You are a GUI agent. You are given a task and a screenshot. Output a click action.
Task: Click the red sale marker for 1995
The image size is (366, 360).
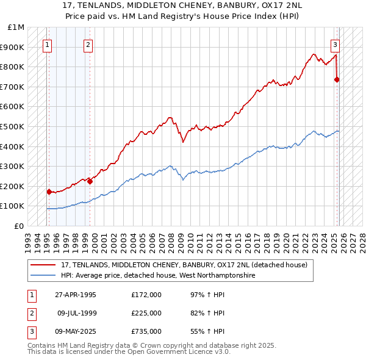pyautogui.click(x=49, y=192)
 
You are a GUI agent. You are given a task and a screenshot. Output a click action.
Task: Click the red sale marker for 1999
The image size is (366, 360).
pyautogui.click(x=90, y=181)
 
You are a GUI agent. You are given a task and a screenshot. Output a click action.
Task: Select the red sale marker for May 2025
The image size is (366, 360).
pyautogui.click(x=337, y=79)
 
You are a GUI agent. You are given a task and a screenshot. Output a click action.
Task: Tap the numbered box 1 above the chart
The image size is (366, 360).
pyautogui.click(x=48, y=44)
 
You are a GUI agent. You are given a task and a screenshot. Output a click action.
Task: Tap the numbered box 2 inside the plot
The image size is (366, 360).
pyautogui.click(x=88, y=44)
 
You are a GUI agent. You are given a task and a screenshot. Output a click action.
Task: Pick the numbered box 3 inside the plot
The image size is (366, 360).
pyautogui.click(x=335, y=44)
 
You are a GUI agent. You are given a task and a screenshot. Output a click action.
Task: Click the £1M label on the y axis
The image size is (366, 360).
pyautogui.click(x=16, y=27)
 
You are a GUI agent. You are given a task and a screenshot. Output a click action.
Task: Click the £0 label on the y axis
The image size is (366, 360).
pyautogui.click(x=20, y=226)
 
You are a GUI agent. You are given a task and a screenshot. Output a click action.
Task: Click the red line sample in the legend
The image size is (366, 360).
pyautogui.click(x=44, y=265)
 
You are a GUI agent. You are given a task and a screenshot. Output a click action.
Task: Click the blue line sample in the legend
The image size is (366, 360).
pyautogui.click(x=44, y=276)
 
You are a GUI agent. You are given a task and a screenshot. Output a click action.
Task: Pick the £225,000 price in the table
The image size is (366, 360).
pyautogui.click(x=146, y=313)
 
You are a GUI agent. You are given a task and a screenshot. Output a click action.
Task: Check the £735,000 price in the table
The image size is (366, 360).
pyautogui.click(x=146, y=331)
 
